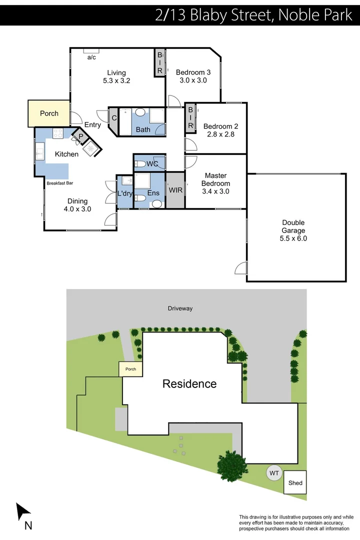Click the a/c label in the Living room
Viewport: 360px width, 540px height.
tap(91, 57)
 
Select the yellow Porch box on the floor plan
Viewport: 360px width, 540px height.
tap(49, 113)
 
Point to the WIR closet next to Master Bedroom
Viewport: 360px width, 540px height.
tap(175, 190)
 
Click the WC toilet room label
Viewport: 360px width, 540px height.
tap(152, 163)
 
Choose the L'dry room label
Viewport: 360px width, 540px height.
tap(124, 193)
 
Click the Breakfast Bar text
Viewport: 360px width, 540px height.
tap(59, 183)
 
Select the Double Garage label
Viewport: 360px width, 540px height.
tap(293, 230)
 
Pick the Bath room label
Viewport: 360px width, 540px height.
tap(143, 129)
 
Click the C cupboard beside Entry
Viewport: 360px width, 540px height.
tap(114, 118)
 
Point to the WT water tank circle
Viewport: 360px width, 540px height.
tap(274, 472)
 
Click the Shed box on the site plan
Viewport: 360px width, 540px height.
tap(295, 483)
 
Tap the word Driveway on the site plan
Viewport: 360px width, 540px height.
tap(180, 308)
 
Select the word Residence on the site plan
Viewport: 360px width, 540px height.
tap(189, 384)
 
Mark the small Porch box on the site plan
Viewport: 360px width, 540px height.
tap(130, 369)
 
